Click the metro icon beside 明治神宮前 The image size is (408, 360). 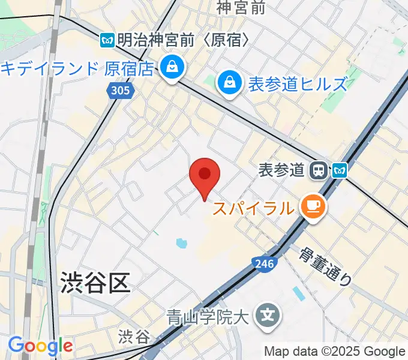point(108,40)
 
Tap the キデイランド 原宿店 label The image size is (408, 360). point(77,68)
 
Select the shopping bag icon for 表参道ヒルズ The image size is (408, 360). point(229,83)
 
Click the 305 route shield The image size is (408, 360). point(119,90)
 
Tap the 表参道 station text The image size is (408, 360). point(281,171)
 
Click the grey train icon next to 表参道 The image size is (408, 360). point(317,172)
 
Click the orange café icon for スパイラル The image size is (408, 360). point(313,207)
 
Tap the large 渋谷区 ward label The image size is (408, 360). point(95,282)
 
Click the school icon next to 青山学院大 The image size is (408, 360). point(265,314)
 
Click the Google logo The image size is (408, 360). point(40,346)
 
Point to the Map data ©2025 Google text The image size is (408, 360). point(335,352)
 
